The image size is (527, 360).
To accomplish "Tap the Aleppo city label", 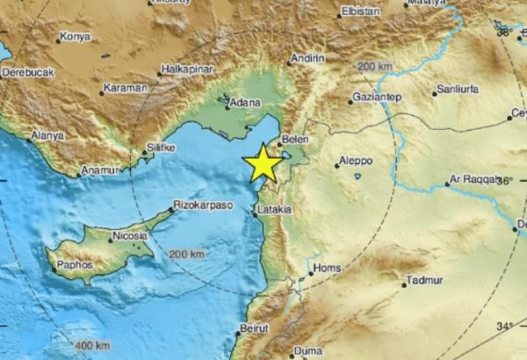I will [356, 162].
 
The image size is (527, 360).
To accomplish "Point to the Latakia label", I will [275, 210].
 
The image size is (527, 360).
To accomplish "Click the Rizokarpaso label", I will [204, 202].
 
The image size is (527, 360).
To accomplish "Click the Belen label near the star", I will [293, 139].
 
